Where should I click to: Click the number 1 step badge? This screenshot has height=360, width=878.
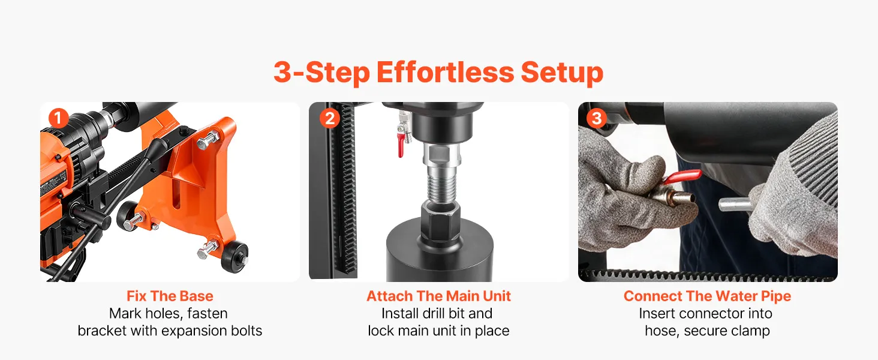(58, 118)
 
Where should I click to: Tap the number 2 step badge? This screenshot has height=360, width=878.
(330, 118)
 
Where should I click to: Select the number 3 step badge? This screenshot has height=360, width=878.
(597, 118)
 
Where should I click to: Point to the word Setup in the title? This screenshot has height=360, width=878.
(562, 74)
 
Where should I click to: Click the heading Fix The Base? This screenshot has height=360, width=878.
(170, 296)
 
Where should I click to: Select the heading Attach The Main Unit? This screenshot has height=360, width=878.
(438, 296)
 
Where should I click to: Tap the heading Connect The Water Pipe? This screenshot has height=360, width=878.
(707, 296)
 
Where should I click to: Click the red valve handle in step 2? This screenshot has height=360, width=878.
(401, 145)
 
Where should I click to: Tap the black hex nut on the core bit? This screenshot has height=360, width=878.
(441, 221)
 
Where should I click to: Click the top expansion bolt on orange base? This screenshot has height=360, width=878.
(208, 141)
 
